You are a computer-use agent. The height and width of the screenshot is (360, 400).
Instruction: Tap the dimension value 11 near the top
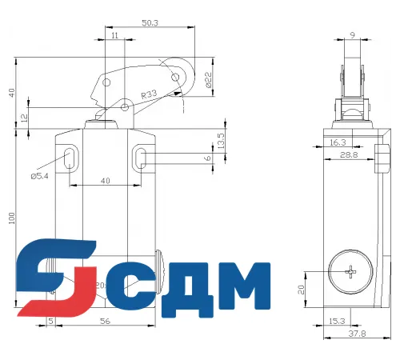pyautogui.click(x=116, y=37)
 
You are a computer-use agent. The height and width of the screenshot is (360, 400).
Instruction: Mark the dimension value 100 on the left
pyautogui.click(x=11, y=218)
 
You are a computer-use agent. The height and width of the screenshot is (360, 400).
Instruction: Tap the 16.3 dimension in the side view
pyautogui.click(x=337, y=142)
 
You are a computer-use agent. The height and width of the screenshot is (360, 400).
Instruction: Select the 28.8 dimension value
pyautogui.click(x=348, y=156)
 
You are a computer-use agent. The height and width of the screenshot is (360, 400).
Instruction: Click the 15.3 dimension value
pyautogui.click(x=338, y=322)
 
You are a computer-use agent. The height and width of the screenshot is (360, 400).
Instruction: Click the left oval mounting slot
pyautogui.click(x=70, y=156)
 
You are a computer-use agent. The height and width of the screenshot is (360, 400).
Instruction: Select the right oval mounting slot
pyautogui.click(x=141, y=156)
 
